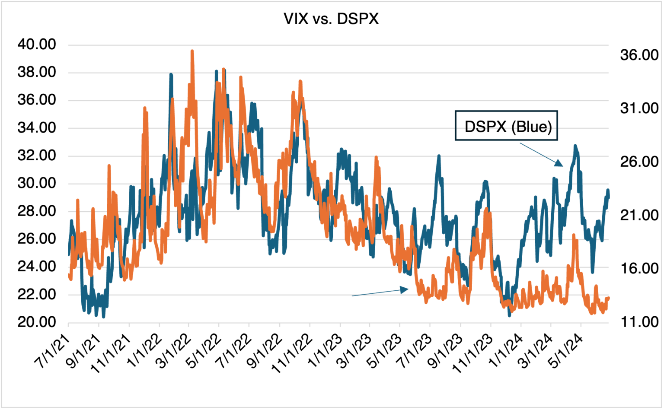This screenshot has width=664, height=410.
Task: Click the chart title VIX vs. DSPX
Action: click(331, 19)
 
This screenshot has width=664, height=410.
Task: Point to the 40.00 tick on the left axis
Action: click(37, 44)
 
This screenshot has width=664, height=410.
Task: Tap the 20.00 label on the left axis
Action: click(37, 322)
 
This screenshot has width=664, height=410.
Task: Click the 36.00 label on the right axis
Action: click(638, 55)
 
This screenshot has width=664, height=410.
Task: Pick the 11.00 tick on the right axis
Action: click(638, 322)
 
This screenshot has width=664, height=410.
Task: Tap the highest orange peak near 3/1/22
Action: click(192, 51)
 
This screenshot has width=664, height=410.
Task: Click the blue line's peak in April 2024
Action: click(575, 146)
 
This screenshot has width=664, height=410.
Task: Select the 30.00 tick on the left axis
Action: click(37, 184)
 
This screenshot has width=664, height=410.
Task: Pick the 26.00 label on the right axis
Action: click(638, 162)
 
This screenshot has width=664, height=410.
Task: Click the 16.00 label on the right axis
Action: click(638, 268)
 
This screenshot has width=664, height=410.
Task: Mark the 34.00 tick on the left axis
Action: click(37, 128)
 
